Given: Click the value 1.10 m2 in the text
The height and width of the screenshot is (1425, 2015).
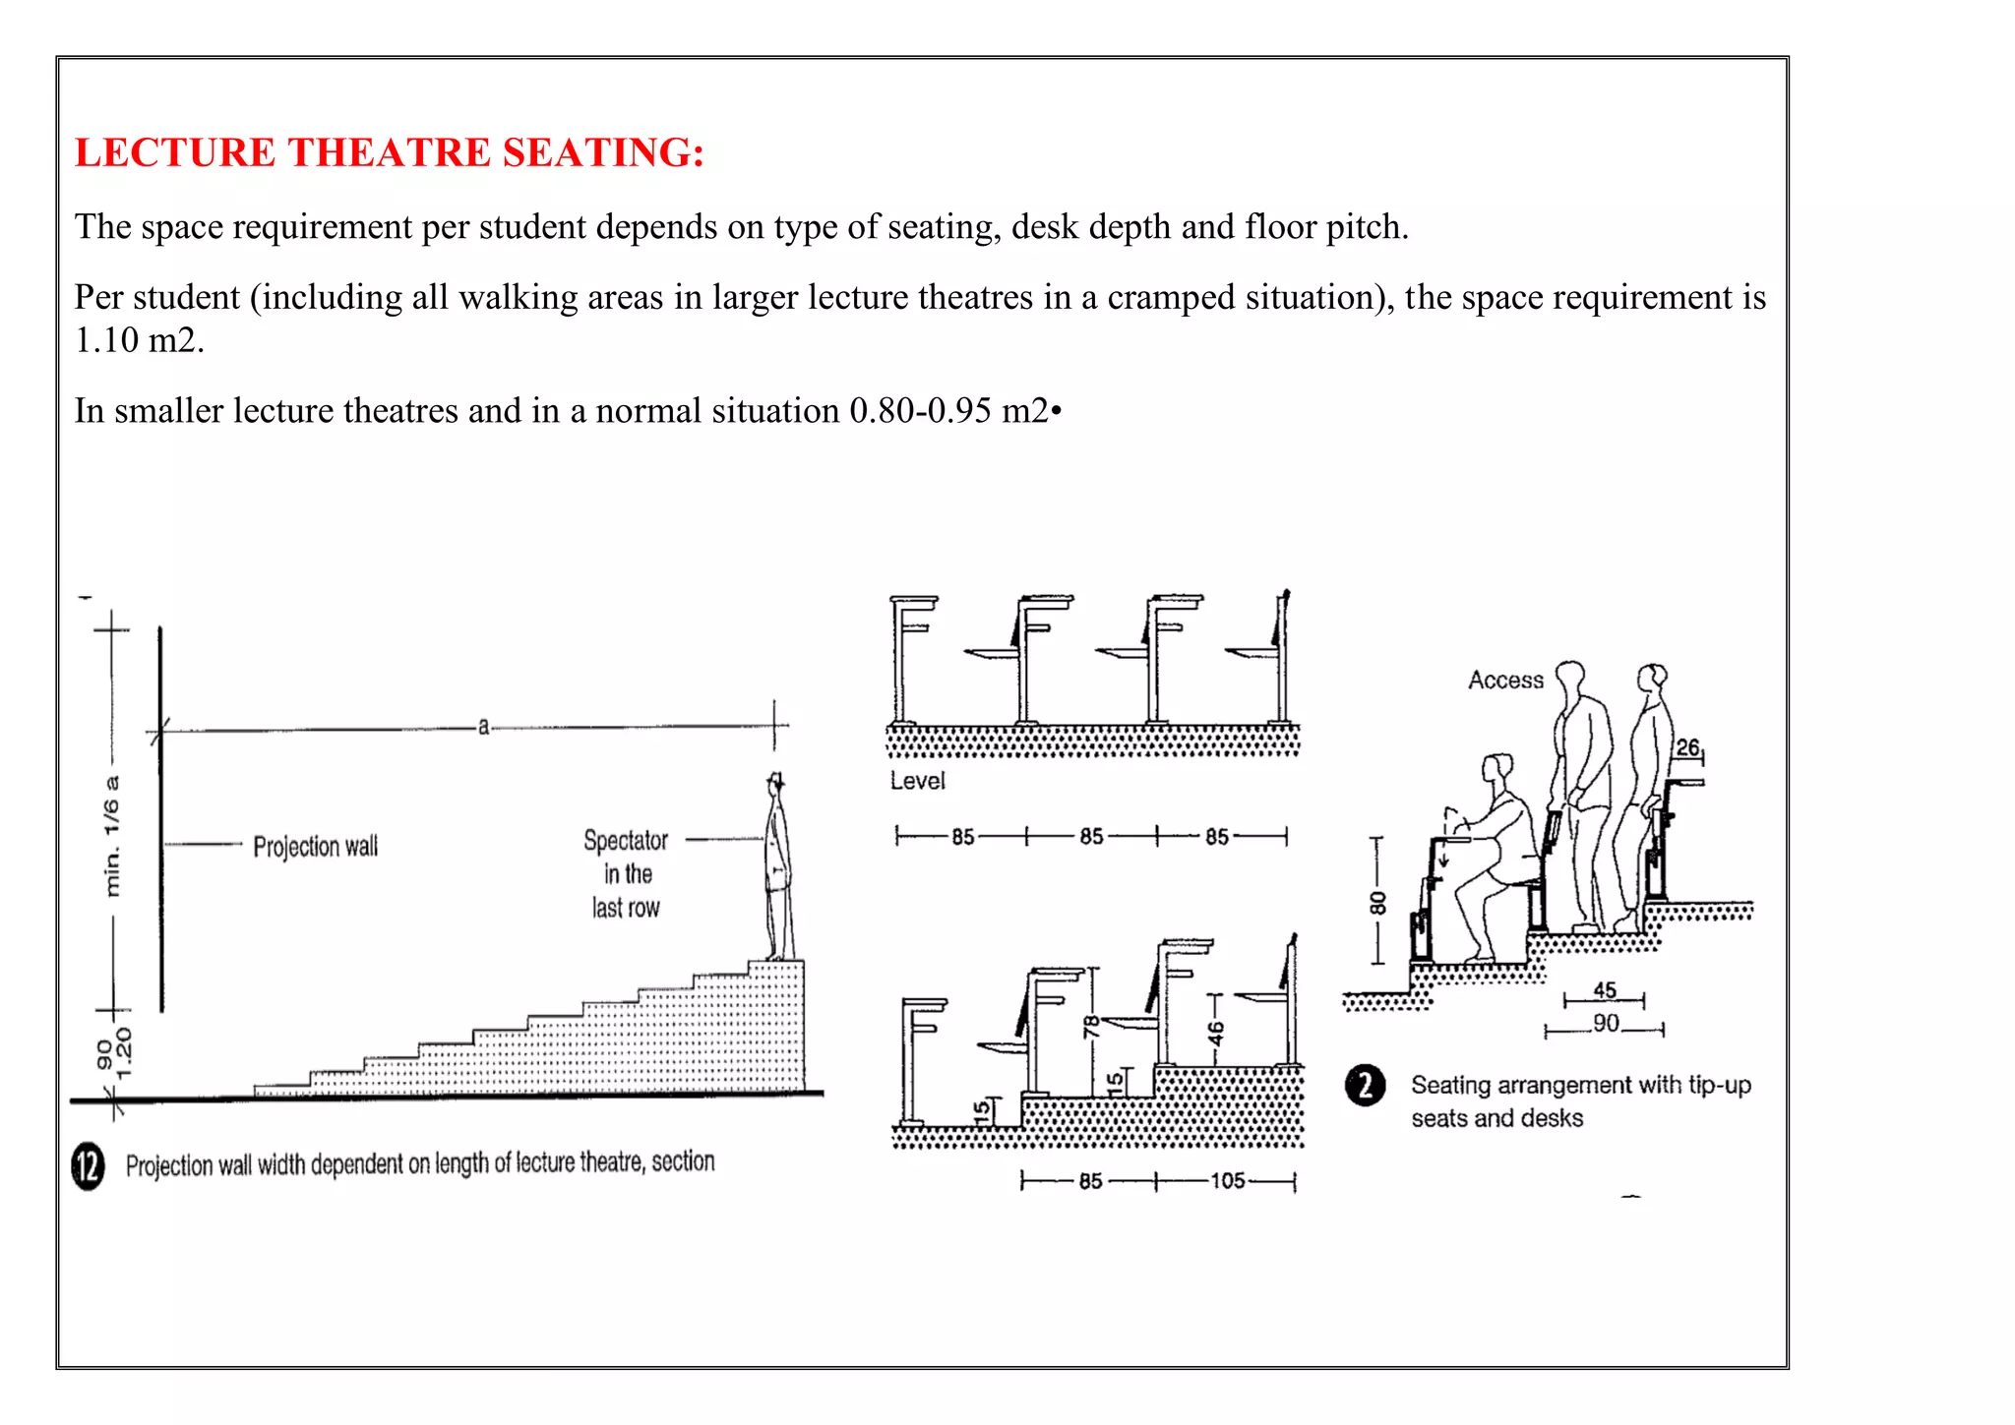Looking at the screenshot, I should [139, 341].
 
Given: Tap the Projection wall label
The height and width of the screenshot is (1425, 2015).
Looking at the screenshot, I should [315, 847].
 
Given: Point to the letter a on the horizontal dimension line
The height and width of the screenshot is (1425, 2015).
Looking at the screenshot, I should [483, 728].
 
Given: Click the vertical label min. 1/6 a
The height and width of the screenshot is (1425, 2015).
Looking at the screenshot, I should [112, 836].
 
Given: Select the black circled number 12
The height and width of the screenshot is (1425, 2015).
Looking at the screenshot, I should [88, 1166].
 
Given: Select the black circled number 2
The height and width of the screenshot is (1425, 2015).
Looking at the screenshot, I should [1365, 1086].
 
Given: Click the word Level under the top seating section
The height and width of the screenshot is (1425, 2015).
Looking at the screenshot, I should [917, 781].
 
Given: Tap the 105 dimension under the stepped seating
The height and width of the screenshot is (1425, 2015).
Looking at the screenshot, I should [1227, 1181].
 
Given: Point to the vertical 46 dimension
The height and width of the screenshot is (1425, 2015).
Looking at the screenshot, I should [1216, 1034].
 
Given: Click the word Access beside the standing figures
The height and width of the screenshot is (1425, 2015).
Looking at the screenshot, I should [1505, 681].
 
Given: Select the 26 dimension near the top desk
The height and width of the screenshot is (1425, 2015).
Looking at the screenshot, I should [1687, 747].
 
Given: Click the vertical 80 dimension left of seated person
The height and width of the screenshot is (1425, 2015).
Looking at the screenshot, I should [1377, 902].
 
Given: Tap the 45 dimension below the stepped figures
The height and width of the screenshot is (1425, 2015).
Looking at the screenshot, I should [1605, 989].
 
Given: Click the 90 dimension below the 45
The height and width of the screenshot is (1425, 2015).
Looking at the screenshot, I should [1606, 1024].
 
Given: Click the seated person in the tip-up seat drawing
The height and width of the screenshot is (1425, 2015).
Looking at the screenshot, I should [1496, 856].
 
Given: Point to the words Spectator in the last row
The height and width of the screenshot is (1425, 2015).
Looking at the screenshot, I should [626, 874].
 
